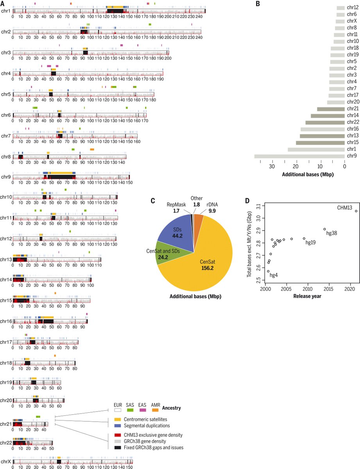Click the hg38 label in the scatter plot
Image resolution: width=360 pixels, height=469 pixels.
coord(331,233)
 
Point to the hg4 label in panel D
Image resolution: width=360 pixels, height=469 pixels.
coord(274,276)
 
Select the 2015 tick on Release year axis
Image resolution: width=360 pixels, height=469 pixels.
coord(330,289)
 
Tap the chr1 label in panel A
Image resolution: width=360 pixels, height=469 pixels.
coord(5,11)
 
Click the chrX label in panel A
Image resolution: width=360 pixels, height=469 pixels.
coord(5,462)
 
